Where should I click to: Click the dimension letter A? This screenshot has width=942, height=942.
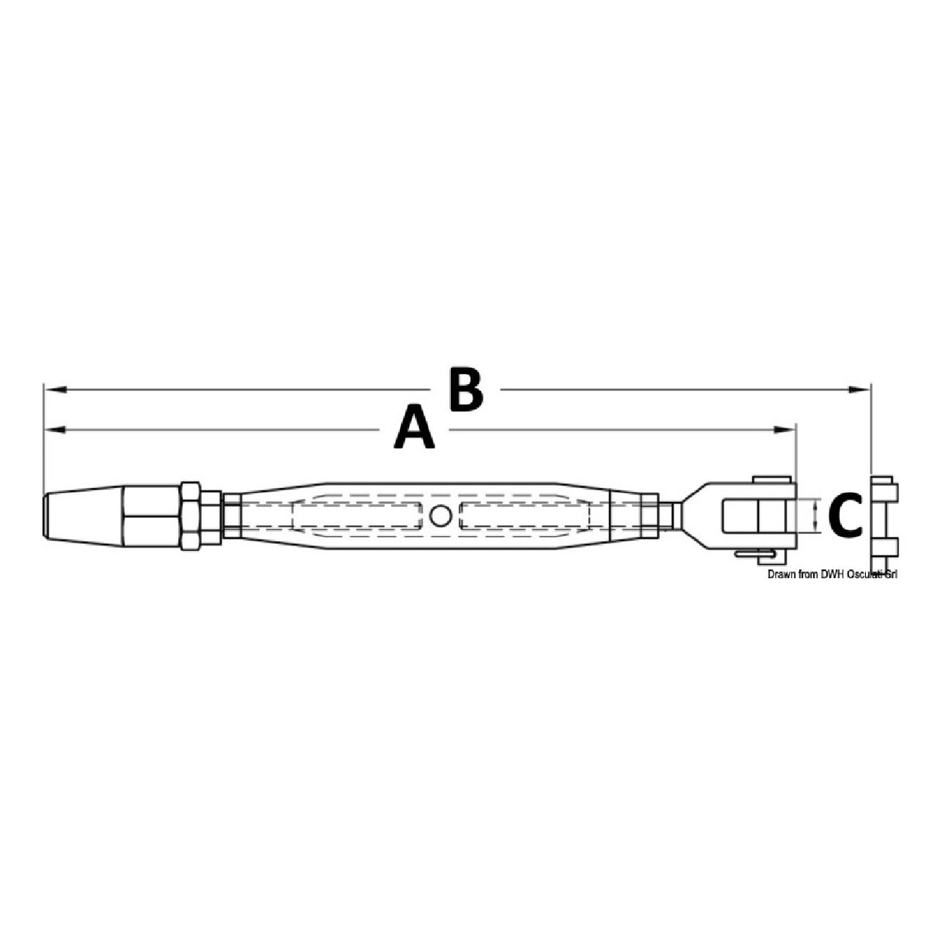pos(414,426)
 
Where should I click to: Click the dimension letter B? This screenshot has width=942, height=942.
pos(467,389)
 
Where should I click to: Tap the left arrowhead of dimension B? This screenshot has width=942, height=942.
pos(55,390)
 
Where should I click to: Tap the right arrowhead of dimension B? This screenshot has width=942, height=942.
pos(859,390)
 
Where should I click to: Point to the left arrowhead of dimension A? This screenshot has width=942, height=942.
pos(55,430)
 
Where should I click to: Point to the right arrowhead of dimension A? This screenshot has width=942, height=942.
pos(784,430)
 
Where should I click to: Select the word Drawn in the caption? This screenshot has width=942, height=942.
pos(780,575)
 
